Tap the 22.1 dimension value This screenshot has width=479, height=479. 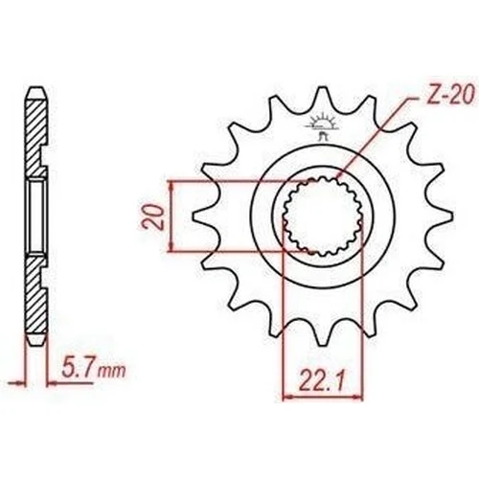click(322, 380)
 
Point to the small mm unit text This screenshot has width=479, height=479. click(111, 371)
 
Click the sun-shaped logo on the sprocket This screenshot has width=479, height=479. click(322, 125)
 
